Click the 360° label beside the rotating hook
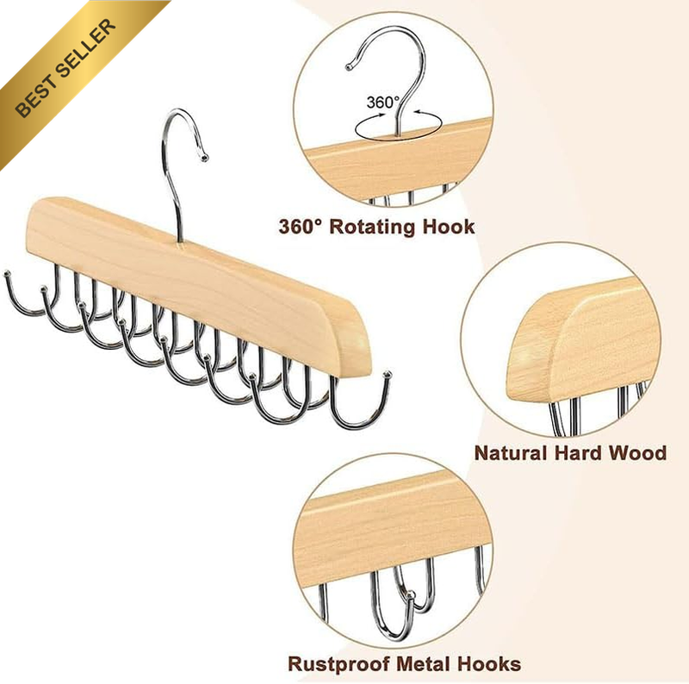tap(382, 103)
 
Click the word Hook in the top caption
tap(448, 227)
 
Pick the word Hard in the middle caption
tap(577, 453)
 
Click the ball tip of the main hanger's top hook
tap(204, 158)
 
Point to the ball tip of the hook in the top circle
tap(349, 67)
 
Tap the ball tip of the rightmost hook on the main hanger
tap(388, 375)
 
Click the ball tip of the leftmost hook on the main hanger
tap(7, 274)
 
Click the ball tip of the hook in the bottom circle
tap(411, 595)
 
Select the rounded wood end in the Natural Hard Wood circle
tap(536, 347)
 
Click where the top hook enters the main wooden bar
tap(180, 242)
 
